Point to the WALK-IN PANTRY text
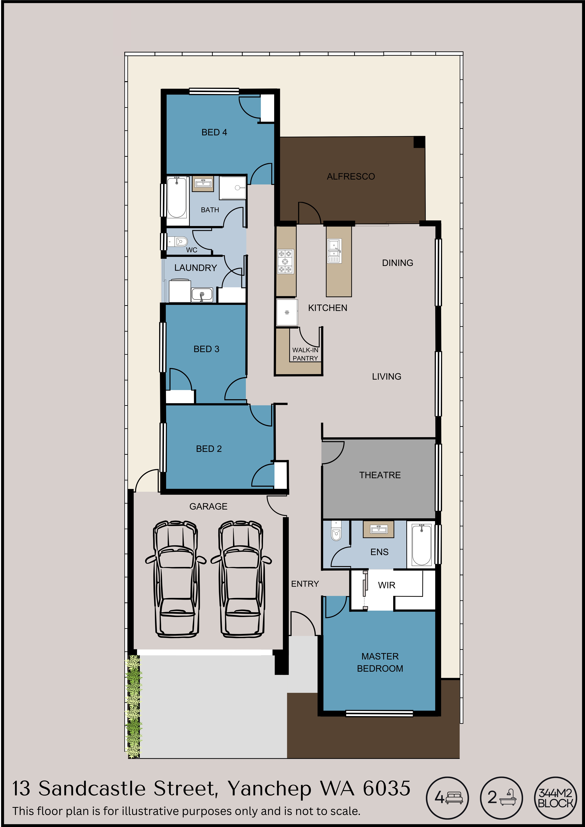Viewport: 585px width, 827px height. tap(305, 354)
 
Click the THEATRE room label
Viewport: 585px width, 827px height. tap(380, 475)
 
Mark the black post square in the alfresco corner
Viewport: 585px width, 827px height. tap(419, 142)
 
